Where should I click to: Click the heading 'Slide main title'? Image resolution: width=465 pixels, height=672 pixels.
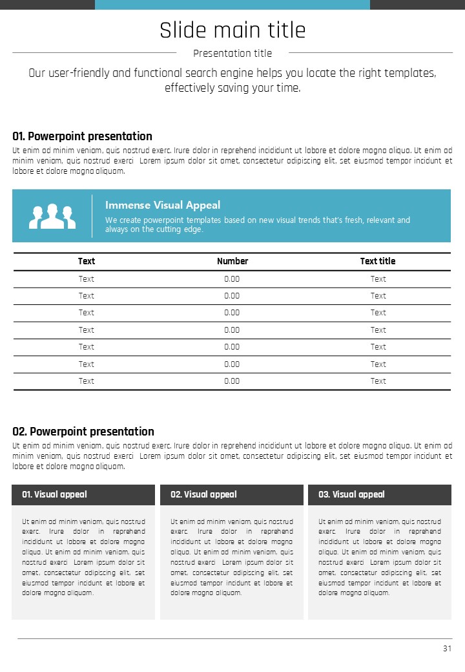click(x=232, y=30)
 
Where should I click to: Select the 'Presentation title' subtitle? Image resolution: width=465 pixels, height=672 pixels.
click(x=232, y=54)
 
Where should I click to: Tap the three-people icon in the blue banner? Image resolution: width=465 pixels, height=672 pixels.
click(x=52, y=216)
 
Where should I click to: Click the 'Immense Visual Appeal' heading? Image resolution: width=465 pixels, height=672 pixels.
click(x=163, y=205)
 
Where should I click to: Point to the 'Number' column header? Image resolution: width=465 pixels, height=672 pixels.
click(x=232, y=261)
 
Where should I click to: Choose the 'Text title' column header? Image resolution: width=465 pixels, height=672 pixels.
click(x=378, y=261)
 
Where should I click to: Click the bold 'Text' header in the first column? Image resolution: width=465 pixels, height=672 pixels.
click(x=87, y=261)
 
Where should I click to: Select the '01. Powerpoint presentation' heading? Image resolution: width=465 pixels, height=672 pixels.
click(x=83, y=136)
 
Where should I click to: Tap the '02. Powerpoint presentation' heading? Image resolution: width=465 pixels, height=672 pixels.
click(x=83, y=432)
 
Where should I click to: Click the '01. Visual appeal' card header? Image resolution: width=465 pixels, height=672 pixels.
click(x=54, y=494)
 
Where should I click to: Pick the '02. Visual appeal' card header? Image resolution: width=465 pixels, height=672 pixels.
click(x=203, y=494)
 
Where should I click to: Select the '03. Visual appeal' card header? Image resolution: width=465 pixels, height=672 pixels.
click(x=351, y=494)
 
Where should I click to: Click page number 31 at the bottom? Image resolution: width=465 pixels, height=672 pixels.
click(x=447, y=649)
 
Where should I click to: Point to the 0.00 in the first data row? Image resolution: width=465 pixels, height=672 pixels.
click(x=232, y=279)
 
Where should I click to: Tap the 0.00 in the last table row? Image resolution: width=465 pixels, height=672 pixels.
click(x=232, y=381)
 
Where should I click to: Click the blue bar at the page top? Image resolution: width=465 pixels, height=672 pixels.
click(x=232, y=5)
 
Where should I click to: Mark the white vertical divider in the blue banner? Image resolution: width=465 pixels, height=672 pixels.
click(x=92, y=216)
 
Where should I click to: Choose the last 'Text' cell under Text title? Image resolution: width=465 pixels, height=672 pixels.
click(x=378, y=381)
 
